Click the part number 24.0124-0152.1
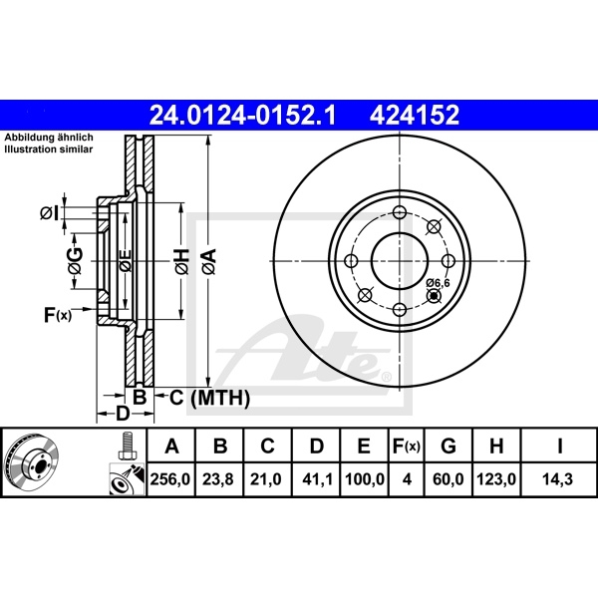[x=242, y=116]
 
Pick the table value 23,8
[x=220, y=479]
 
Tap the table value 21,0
[x=268, y=479]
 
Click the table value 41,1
[x=316, y=479]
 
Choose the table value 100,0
[x=364, y=479]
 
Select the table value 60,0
[x=448, y=479]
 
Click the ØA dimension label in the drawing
[x=208, y=263]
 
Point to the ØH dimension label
[x=181, y=263]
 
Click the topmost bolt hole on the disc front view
[x=399, y=213]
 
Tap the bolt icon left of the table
[x=126, y=446]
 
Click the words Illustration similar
[x=48, y=149]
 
